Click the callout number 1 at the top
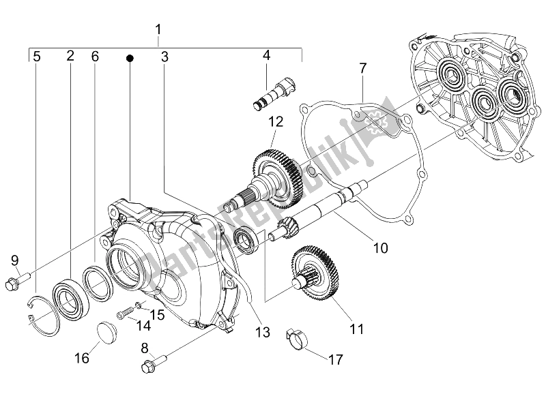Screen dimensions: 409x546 coord(158,30)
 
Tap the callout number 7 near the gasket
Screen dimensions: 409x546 coord(363,68)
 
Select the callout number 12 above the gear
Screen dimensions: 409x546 coord(275,123)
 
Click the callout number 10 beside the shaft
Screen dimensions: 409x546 coord(380,248)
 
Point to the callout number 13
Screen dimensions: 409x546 coord(262,333)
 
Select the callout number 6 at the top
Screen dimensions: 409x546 coord(95,57)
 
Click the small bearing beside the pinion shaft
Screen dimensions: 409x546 coord(245,239)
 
